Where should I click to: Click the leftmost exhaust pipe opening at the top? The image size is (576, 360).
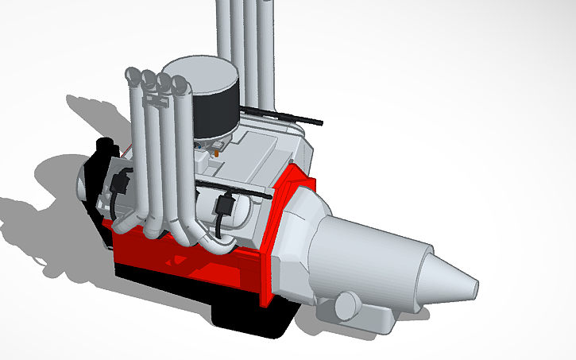(x=133, y=76)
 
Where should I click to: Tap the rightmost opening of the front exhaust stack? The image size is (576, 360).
(x=179, y=83)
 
